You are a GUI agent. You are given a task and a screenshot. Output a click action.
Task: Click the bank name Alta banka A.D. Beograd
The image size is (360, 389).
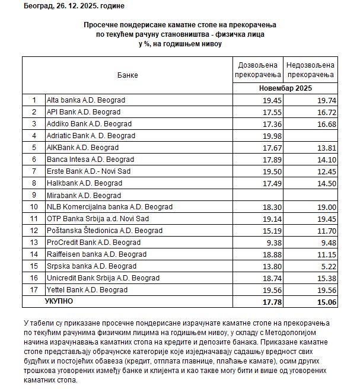tap(87, 100)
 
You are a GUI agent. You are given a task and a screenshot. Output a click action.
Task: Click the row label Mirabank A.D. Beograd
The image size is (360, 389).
tap(84, 195)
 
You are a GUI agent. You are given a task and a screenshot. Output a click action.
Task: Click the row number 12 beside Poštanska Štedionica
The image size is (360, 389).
tap(34, 231)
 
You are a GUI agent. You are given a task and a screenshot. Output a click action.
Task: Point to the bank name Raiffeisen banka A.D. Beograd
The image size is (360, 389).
tap(97, 254)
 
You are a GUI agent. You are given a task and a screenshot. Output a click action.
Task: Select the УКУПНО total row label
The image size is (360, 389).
tap(59, 302)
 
